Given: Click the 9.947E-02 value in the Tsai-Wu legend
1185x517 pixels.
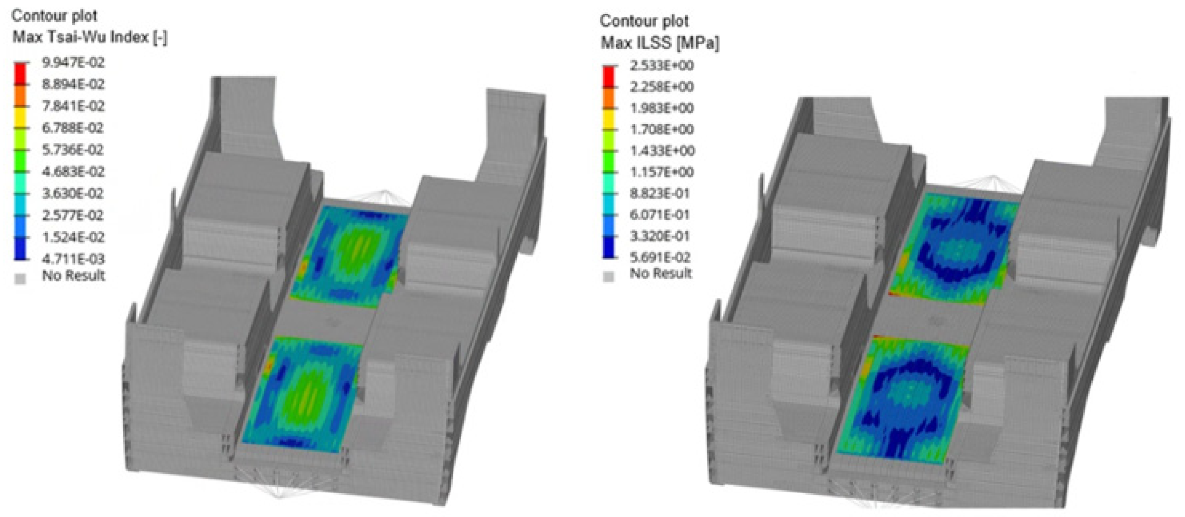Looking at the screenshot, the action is click(x=73, y=62).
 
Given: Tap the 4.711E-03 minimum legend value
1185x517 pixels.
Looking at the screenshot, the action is click(x=73, y=259).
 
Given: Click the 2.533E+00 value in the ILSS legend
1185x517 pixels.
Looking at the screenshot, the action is click(x=661, y=66).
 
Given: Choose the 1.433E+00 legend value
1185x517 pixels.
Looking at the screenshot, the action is click(x=662, y=151).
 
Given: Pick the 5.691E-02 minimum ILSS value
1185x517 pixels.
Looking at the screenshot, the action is click(x=661, y=258).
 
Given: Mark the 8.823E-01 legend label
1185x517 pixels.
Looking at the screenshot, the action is click(x=660, y=194).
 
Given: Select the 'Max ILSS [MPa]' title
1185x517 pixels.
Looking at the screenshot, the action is click(x=660, y=43).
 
